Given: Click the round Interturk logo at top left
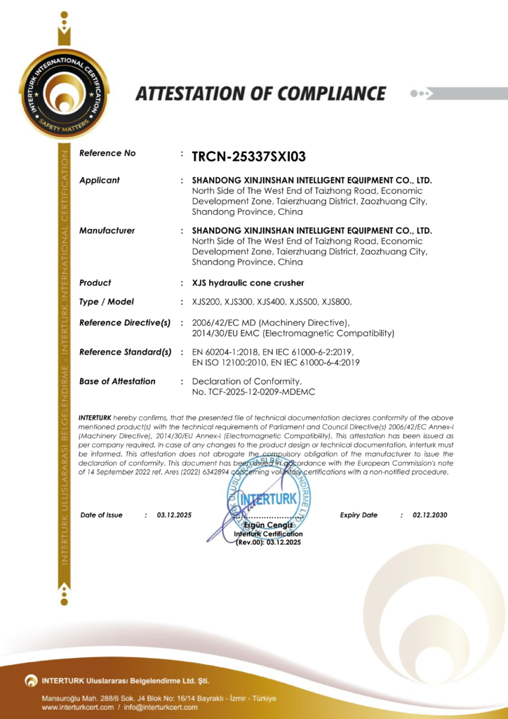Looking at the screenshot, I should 64,94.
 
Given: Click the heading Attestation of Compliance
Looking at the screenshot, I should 260,93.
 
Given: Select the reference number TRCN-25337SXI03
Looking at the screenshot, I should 248,157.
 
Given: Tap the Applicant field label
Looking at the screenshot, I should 100,180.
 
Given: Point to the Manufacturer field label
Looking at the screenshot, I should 107,231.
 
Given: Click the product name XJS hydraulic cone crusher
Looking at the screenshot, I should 248,283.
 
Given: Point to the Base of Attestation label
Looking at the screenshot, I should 117,382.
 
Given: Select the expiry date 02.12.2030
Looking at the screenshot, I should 430,515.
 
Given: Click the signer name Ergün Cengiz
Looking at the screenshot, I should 268,526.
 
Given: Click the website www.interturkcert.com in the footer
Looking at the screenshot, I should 77,707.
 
